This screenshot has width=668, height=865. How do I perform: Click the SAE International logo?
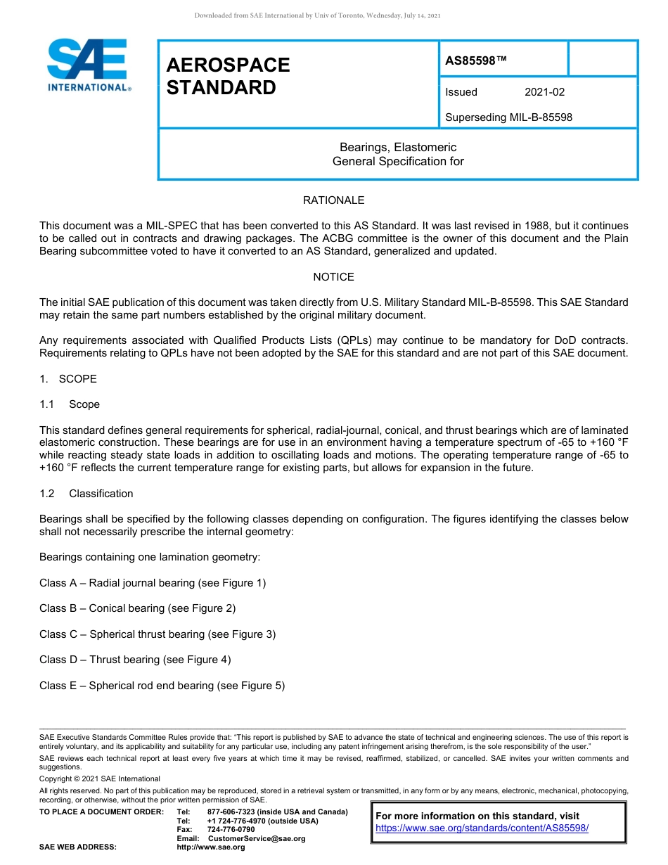[88, 65]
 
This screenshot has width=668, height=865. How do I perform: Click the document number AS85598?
[475, 60]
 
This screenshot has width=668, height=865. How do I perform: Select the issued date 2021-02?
[544, 92]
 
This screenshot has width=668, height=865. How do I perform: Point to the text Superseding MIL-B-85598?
[508, 117]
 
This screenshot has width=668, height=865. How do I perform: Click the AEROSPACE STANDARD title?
[228, 76]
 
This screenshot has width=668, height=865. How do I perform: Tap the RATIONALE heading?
[333, 200]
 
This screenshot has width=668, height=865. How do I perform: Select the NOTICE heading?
[333, 277]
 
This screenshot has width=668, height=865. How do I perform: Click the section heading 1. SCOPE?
[68, 379]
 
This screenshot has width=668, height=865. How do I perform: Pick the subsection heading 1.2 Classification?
[86, 494]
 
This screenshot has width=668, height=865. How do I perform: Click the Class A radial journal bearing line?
[153, 583]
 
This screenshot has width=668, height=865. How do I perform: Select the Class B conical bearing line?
[137, 608]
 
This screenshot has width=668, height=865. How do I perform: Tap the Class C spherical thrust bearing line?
[158, 634]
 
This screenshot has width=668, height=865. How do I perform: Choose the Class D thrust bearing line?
[135, 660]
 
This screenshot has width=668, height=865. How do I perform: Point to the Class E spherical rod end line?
[162, 686]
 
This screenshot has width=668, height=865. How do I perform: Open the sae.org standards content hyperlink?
[482, 828]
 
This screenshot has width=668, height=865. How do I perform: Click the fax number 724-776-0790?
[231, 830]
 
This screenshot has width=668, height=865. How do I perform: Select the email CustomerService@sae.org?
[257, 838]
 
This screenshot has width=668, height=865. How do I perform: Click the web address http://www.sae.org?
[211, 847]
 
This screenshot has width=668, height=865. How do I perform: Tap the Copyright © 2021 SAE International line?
[100, 778]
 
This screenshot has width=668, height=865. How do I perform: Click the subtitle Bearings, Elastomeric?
[398, 148]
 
